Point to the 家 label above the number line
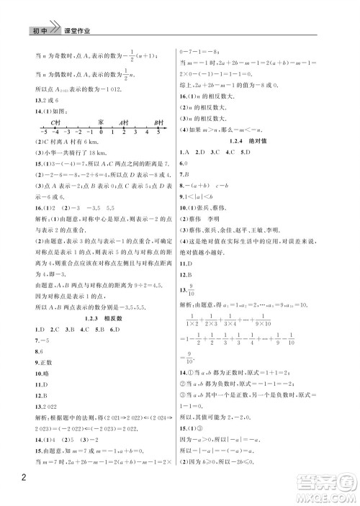click(x=102, y=123)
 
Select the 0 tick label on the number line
click(x=102, y=140)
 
